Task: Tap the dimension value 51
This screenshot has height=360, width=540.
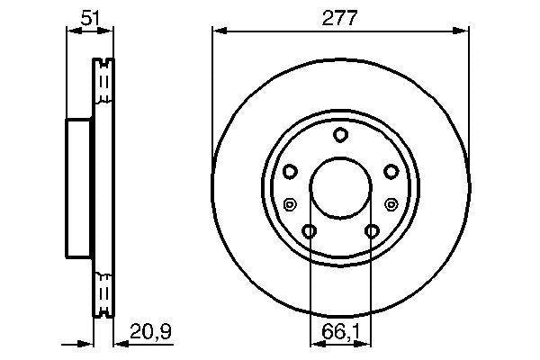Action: pos(90,16)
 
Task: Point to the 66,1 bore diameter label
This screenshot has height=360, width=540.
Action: pos(340,333)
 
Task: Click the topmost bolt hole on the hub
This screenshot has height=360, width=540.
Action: pos(340,136)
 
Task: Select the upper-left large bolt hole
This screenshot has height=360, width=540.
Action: pos(290,171)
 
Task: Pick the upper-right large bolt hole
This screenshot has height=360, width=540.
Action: pos(391,171)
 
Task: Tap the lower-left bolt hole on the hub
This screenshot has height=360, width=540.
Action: pos(310,232)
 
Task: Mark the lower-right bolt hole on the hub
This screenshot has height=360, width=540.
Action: pos(371,232)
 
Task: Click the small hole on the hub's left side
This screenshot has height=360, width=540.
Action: pos(289,203)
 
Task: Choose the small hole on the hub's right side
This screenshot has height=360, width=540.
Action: pos(391,203)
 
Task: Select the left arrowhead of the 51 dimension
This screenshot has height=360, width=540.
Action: pos(72,32)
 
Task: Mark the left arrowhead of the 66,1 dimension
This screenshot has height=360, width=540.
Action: pos(314,343)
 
